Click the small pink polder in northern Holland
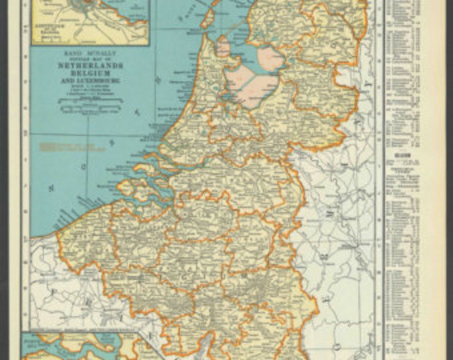(x=223, y=47)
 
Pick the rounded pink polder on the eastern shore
(x=268, y=57)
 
